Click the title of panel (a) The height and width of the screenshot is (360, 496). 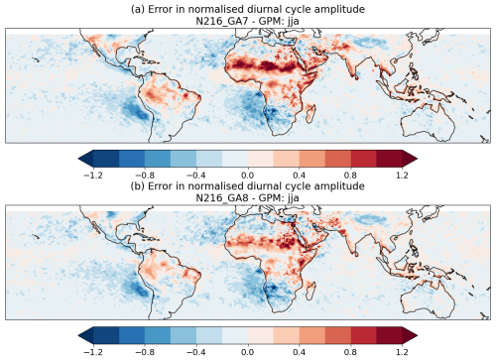coord(248,8)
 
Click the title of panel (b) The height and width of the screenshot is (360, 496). coord(248,185)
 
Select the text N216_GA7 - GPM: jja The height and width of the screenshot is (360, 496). coord(248,21)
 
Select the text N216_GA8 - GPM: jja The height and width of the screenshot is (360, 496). coord(248,197)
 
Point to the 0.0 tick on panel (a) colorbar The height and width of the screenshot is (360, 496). coord(248,168)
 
